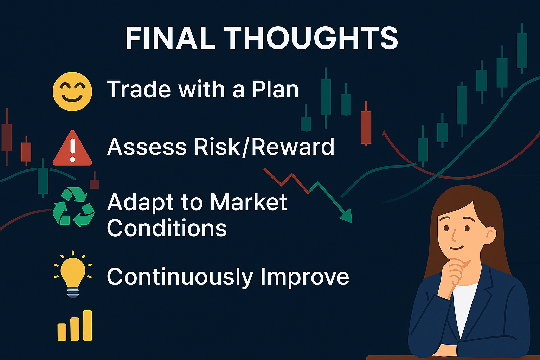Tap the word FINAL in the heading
[170, 38]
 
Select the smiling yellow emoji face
[72, 92]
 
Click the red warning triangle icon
[72, 148]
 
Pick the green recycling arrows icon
[73, 207]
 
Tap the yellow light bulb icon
[73, 275]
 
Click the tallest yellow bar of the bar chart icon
[88, 326]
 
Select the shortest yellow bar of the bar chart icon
[62, 332]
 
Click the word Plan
[275, 89]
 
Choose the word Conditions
[167, 227]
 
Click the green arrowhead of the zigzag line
[346, 216]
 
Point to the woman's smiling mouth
[456, 247]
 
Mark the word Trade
[139, 89]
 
